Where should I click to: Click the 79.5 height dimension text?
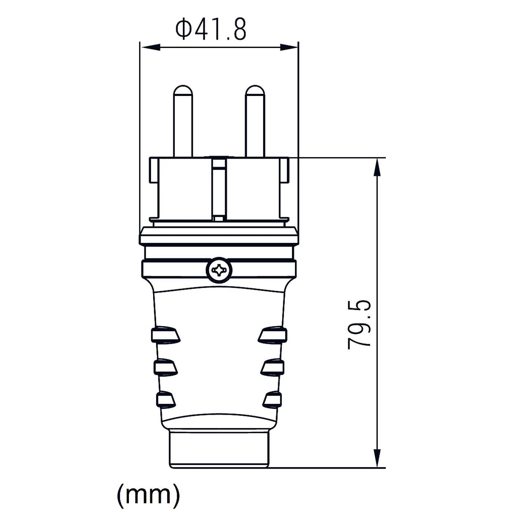point(359,324)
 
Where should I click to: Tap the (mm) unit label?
point(148,494)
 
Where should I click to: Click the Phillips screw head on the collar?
point(219,270)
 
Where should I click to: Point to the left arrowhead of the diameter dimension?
point(150,47)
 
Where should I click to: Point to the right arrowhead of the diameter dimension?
point(289,47)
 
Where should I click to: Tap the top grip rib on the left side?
point(165,335)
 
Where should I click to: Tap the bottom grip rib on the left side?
point(166,399)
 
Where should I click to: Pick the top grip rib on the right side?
point(273,335)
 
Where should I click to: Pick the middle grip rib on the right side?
point(273,367)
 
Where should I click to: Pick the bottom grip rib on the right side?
point(272,399)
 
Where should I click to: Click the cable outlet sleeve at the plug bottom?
point(219,449)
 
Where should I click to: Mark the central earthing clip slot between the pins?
point(219,189)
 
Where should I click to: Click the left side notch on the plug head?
point(154,170)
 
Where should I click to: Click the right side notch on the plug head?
point(284,170)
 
